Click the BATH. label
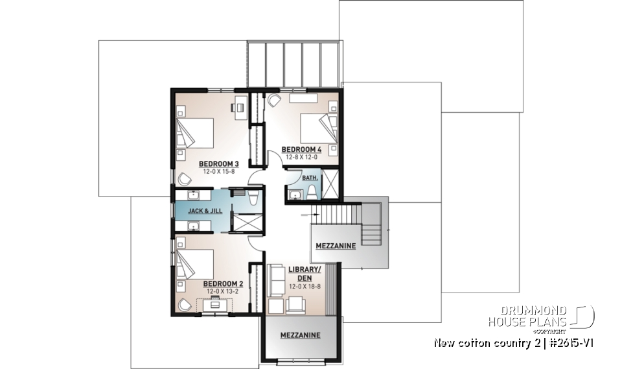click(310, 176)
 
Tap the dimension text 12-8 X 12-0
click(301, 157)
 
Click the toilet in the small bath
click(311, 191)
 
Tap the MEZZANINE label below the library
click(300, 335)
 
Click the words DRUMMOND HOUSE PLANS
click(529, 315)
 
